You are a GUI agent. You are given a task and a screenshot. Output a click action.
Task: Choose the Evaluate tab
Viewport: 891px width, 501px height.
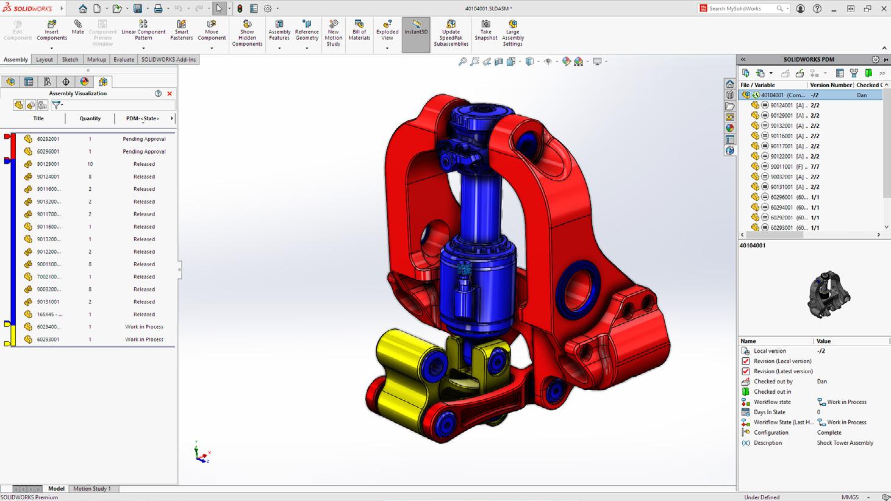pyautogui.click(x=123, y=60)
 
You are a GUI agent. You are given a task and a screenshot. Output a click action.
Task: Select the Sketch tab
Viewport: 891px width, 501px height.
pyautogui.click(x=70, y=60)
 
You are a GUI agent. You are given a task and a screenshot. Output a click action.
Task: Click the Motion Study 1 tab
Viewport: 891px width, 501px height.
pyautogui.click(x=92, y=489)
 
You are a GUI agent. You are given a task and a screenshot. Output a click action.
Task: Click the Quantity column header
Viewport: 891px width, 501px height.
pyautogui.click(x=90, y=118)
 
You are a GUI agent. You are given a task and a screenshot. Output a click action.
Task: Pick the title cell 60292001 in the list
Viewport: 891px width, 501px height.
pyautogui.click(x=48, y=139)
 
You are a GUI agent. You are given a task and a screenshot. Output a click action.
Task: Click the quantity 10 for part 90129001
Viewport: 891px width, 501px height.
pyautogui.click(x=90, y=164)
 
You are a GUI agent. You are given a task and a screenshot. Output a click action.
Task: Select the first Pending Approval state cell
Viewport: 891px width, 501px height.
pyautogui.click(x=144, y=139)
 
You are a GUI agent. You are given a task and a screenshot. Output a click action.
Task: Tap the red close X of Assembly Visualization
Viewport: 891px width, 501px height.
pyautogui.click(x=170, y=94)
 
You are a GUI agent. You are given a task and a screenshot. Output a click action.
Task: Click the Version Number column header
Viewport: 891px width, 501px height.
pyautogui.click(x=830, y=85)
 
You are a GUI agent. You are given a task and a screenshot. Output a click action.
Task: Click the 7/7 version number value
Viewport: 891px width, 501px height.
pyautogui.click(x=815, y=166)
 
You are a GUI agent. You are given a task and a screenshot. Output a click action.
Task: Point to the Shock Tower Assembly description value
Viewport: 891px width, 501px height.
pyautogui.click(x=845, y=443)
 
